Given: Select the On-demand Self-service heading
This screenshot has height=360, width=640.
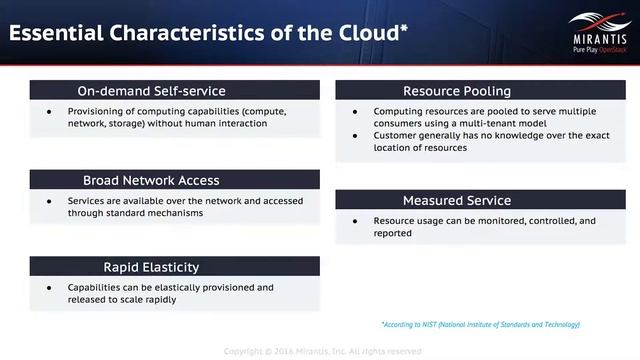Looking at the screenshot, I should coord(152,90).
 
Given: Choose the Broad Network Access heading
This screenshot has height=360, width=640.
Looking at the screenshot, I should coord(151,180).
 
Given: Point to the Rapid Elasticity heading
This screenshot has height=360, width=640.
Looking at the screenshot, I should coord(151,267).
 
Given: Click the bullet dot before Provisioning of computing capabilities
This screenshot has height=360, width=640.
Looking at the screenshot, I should coord(49,112).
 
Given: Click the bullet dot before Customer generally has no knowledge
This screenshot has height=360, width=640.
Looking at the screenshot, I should coord(354,135).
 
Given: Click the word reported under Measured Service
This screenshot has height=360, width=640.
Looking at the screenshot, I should coord(392,233).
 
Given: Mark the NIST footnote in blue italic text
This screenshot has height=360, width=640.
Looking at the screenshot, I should coord(480,324).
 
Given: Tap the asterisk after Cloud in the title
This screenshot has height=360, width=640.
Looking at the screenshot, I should coord(403,25).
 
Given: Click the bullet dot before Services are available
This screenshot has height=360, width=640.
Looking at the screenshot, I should coord(49,201).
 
